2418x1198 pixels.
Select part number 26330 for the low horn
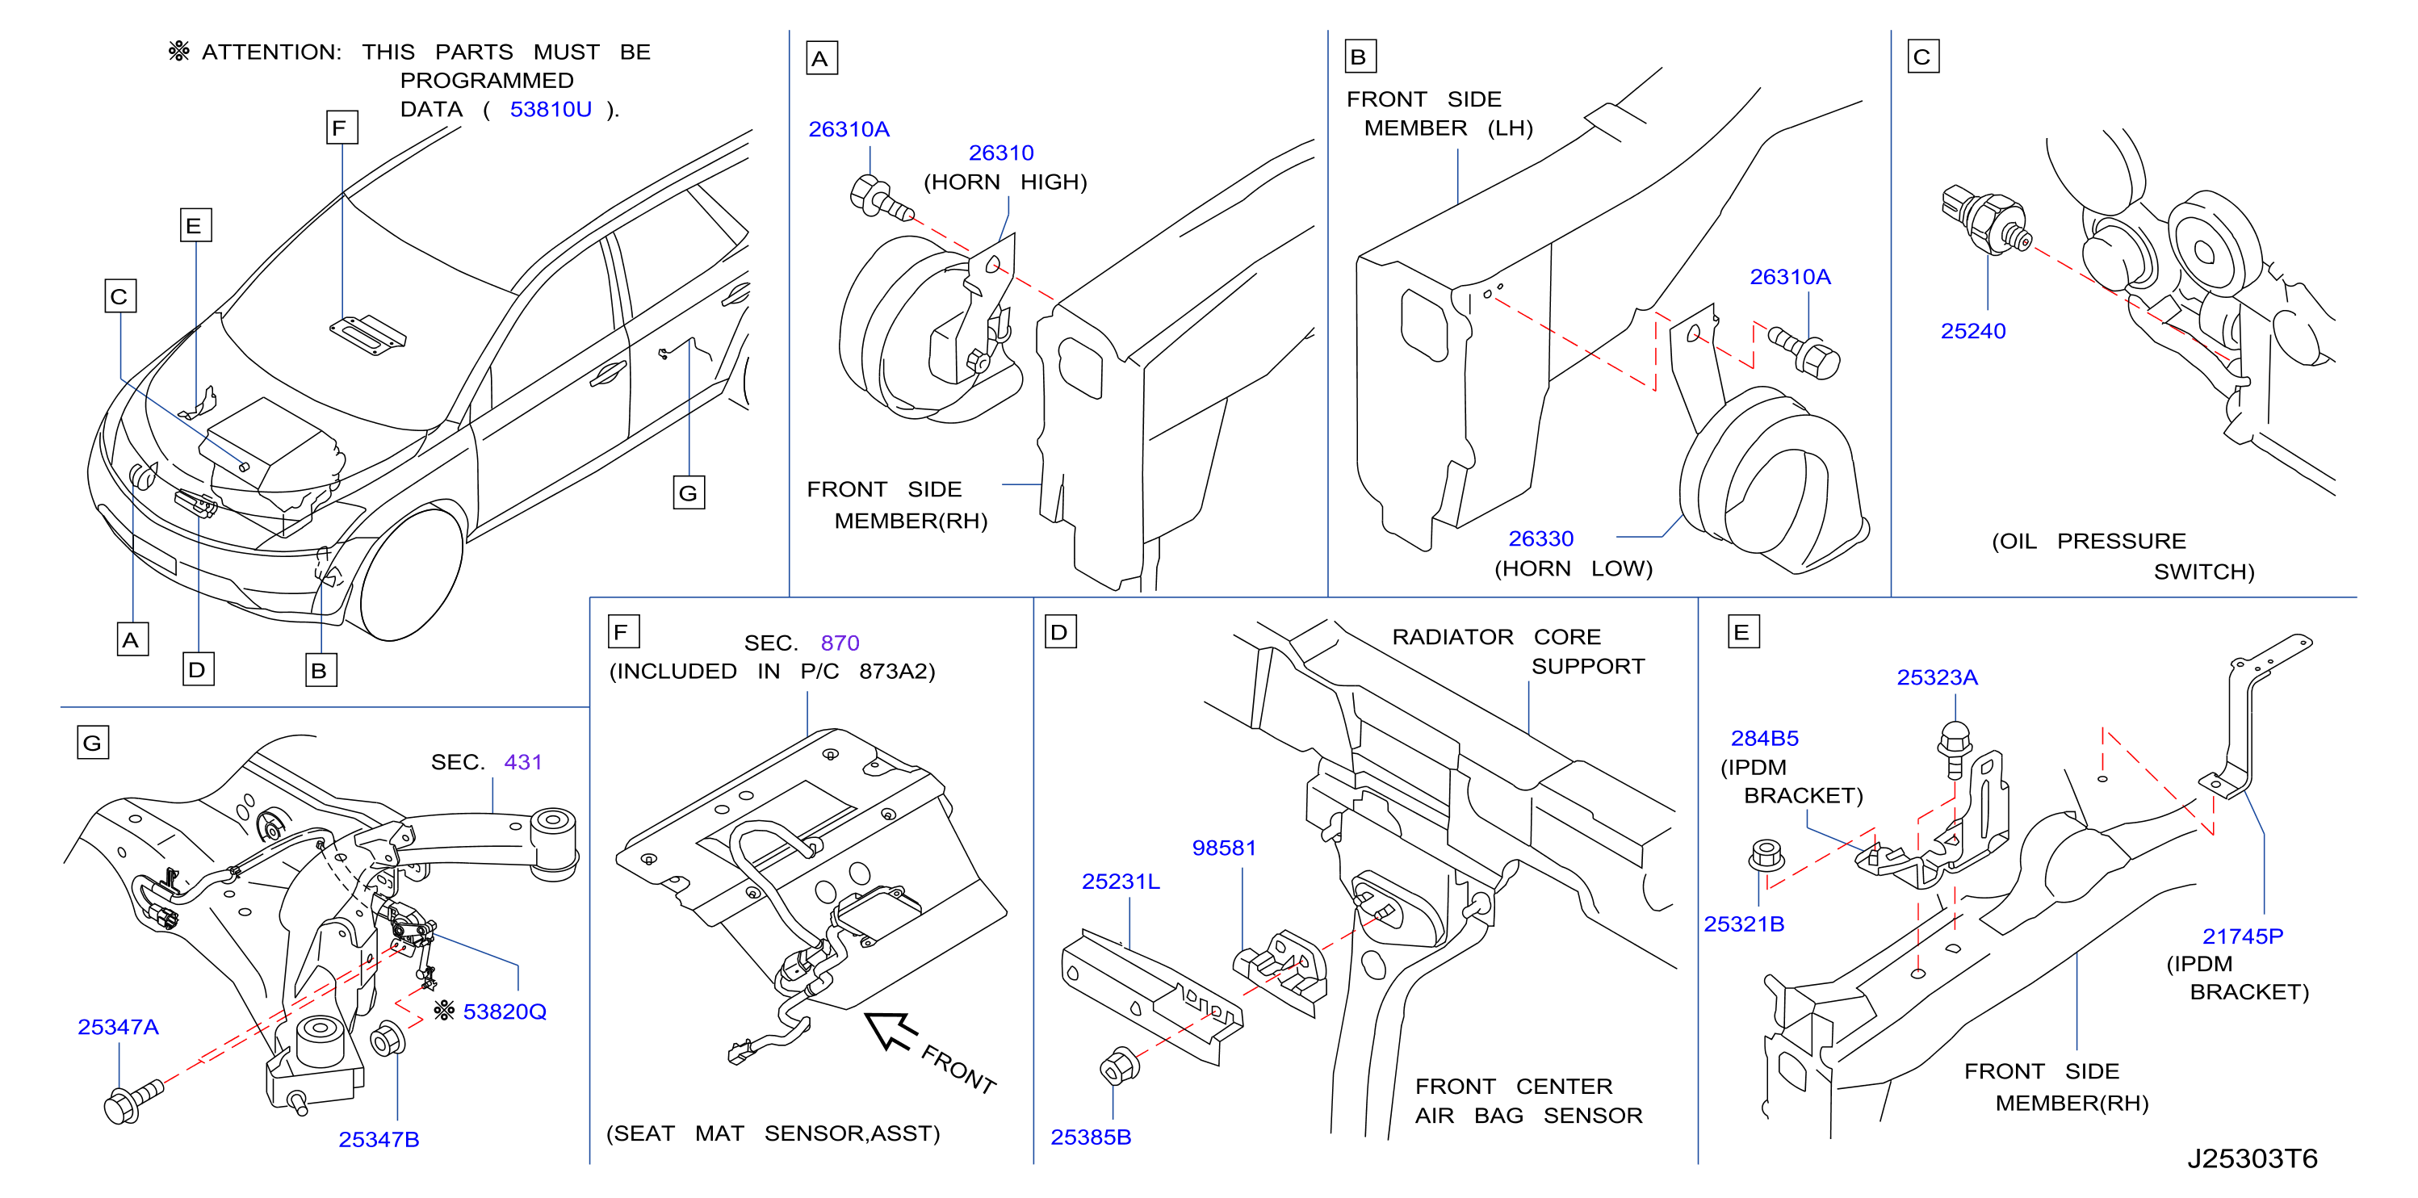[x=1540, y=539]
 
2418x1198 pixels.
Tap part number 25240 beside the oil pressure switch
[x=1973, y=332]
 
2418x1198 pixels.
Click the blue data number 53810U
[x=550, y=110]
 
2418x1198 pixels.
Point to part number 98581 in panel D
[x=1223, y=848]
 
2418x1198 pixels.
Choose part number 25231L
[x=1121, y=882]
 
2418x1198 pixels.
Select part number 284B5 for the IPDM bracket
[x=1765, y=739]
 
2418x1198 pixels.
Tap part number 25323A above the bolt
[x=1937, y=678]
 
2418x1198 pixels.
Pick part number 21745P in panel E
[x=2243, y=936]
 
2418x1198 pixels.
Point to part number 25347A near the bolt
[x=118, y=1027]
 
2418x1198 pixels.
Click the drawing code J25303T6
[x=2252, y=1158]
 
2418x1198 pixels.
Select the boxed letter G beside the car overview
[x=689, y=493]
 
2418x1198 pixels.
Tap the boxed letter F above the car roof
[x=342, y=128]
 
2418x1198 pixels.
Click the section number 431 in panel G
[x=523, y=762]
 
